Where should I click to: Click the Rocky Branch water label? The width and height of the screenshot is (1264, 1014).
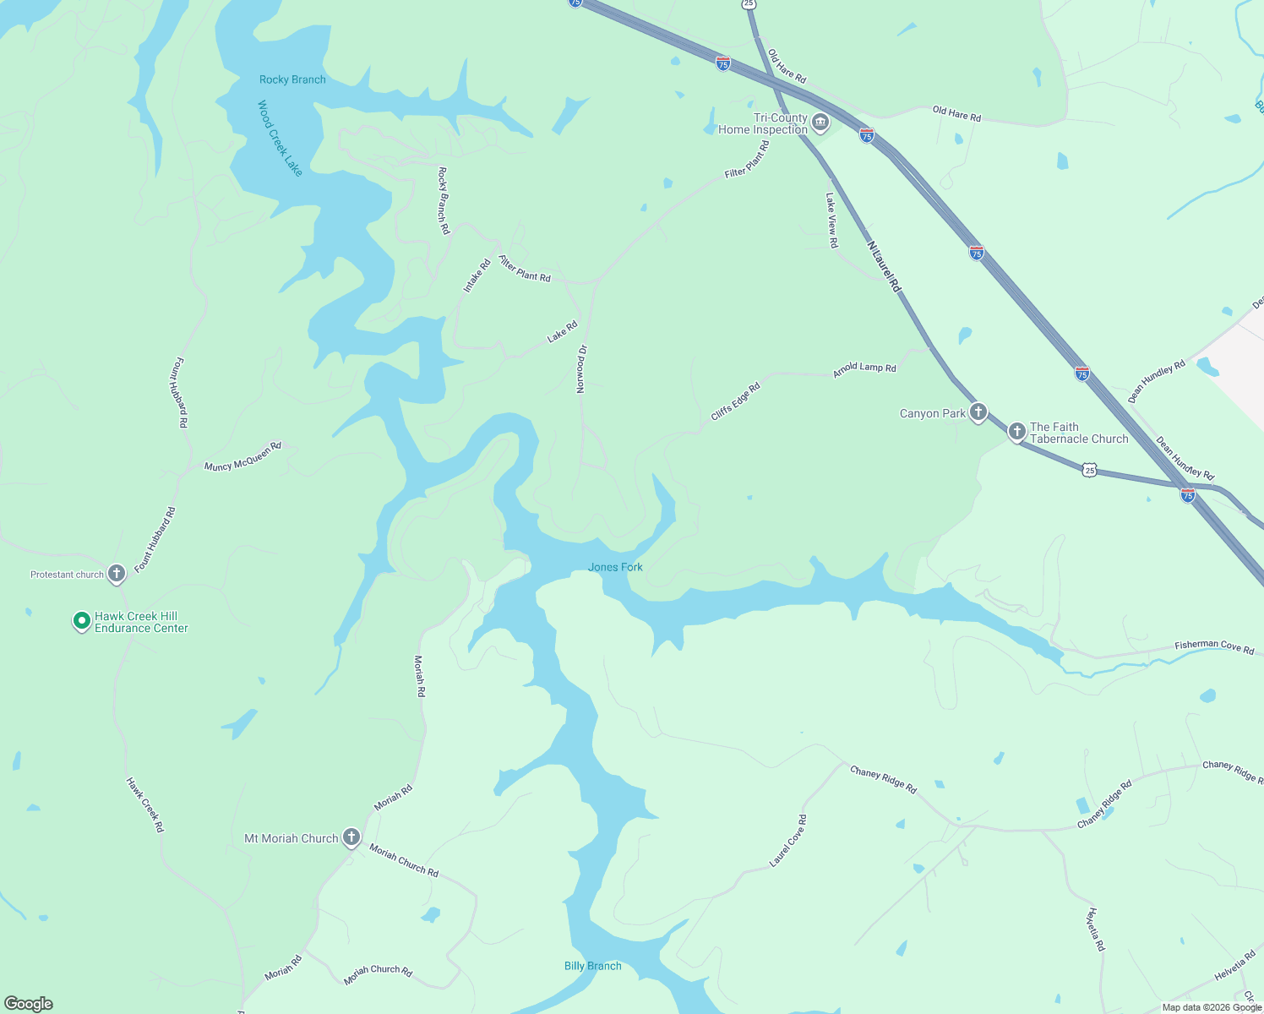click(x=292, y=79)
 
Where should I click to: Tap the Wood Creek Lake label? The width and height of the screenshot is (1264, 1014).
click(x=280, y=138)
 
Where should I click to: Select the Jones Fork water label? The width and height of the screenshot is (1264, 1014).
click(x=615, y=567)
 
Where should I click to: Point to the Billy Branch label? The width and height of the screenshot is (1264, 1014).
click(x=592, y=966)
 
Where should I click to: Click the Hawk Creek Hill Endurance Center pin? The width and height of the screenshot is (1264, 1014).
click(x=81, y=621)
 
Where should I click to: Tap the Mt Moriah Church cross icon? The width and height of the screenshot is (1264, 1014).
click(x=351, y=837)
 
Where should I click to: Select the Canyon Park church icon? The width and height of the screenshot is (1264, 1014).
click(x=978, y=412)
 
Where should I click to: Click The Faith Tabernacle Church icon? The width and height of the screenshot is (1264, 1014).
click(x=1016, y=431)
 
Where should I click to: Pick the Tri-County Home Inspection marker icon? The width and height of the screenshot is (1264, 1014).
click(x=820, y=124)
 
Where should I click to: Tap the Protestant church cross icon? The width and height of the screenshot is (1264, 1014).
click(x=117, y=574)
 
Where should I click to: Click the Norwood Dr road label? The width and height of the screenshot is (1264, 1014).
click(x=581, y=368)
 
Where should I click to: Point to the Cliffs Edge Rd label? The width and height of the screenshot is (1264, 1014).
click(x=735, y=401)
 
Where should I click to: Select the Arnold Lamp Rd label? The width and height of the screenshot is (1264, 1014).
click(x=864, y=369)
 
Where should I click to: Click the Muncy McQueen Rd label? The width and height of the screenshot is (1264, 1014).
click(x=242, y=455)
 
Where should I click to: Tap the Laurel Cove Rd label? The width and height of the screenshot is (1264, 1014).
click(x=788, y=841)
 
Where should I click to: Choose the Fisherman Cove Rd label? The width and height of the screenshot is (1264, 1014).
click(x=1214, y=646)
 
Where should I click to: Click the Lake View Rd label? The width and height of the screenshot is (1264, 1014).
click(x=832, y=220)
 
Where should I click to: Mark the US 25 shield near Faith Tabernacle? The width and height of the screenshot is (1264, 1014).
click(x=1090, y=470)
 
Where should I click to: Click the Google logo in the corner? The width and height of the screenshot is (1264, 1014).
click(x=29, y=1004)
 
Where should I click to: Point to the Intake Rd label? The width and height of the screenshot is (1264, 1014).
click(x=477, y=276)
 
